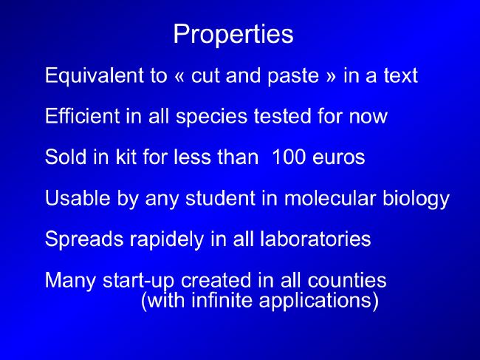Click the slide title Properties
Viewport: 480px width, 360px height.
(233, 34)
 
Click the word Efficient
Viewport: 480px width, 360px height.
(83, 116)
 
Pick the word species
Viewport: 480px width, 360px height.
(211, 118)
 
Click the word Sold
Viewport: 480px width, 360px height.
(66, 157)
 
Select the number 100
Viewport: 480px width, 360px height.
(289, 157)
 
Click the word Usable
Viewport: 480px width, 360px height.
(78, 197)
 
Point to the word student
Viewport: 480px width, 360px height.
(220, 198)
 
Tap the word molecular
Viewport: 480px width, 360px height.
(330, 197)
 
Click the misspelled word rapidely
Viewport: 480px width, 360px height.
(167, 240)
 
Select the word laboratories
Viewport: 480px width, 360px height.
(315, 239)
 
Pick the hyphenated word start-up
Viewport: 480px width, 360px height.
(139, 281)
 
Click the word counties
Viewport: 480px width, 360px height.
(347, 280)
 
